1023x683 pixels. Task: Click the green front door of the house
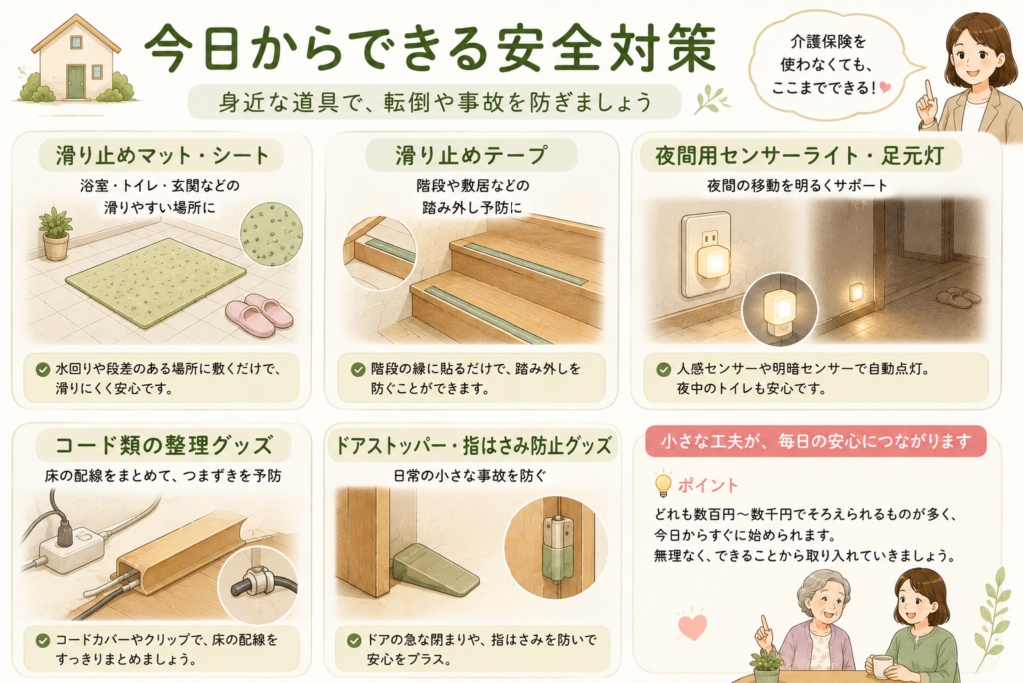(x=76, y=81)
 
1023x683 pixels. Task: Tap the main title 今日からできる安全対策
(x=431, y=49)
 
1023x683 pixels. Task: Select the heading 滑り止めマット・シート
(x=162, y=155)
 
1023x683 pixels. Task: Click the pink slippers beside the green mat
(x=259, y=311)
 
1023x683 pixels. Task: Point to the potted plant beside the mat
(x=56, y=234)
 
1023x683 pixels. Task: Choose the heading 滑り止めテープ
(x=472, y=155)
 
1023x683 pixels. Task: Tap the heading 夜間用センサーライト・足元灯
(x=800, y=155)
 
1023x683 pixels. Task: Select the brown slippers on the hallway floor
(x=958, y=298)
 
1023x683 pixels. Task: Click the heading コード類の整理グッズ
(x=163, y=445)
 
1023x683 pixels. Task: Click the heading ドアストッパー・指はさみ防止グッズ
(x=473, y=445)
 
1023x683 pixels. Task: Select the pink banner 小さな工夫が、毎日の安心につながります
(x=816, y=442)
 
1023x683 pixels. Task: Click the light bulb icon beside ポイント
(x=663, y=484)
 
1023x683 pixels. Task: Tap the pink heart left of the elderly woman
(x=693, y=626)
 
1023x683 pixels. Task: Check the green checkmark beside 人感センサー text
(x=664, y=370)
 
